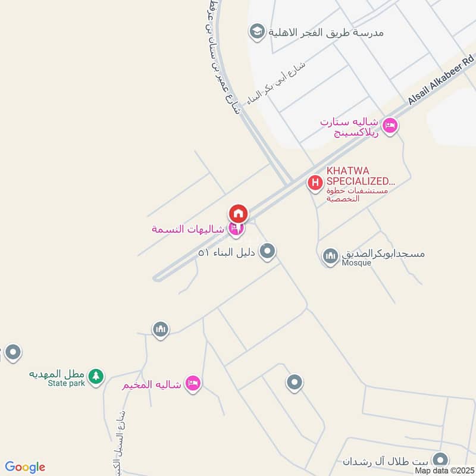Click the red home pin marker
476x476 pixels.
click(238, 213)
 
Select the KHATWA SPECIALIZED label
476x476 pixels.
click(360, 176)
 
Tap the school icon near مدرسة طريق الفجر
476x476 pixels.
click(257, 32)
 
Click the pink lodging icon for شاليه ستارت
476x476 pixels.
click(390, 126)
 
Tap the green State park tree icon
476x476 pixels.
click(96, 376)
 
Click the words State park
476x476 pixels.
click(67, 384)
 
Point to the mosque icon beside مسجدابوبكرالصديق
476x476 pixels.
click(330, 257)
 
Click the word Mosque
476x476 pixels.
click(356, 263)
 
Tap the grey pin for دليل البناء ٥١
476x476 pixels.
click(268, 251)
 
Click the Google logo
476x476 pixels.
click(25, 467)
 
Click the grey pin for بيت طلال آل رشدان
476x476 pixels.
click(440, 460)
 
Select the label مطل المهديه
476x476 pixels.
click(58, 374)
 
